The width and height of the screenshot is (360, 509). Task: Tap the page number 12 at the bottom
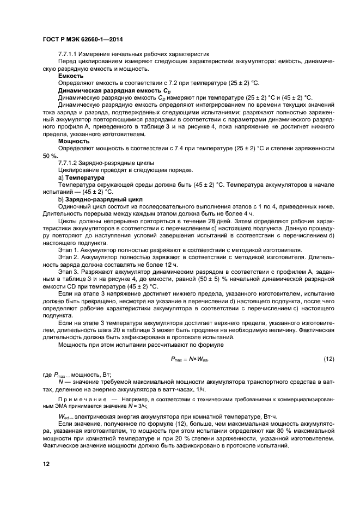[x=47, y=463]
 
